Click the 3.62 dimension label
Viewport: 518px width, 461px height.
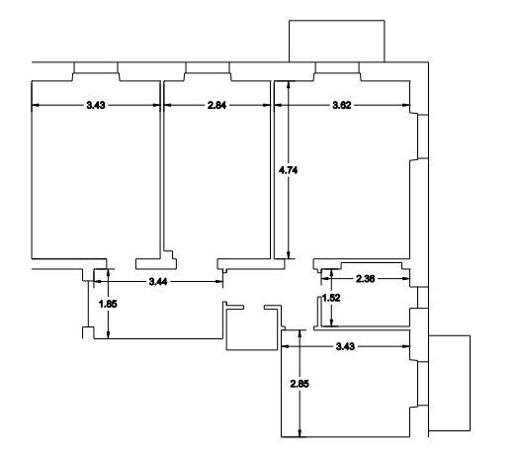pyautogui.click(x=342, y=105)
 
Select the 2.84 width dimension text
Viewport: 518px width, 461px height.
pyautogui.click(x=216, y=105)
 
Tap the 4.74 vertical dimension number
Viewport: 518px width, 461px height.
pyautogui.click(x=288, y=170)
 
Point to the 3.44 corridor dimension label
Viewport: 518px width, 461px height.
pyautogui.click(x=158, y=282)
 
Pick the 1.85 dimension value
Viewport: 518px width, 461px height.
pyautogui.click(x=108, y=304)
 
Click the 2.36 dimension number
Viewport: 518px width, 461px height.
pyautogui.click(x=366, y=279)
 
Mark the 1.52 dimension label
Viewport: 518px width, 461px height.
pyautogui.click(x=331, y=298)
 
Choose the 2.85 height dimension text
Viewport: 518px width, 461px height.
pyautogui.click(x=300, y=384)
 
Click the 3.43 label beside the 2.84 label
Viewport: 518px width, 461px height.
pyautogui.click(x=96, y=105)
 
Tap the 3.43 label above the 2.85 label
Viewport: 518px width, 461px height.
pyautogui.click(x=345, y=346)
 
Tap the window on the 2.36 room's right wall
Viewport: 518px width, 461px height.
pyautogui.click(x=418, y=298)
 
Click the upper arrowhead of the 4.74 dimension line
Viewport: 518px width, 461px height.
pyautogui.click(x=289, y=84)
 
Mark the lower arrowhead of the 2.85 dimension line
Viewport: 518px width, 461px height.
pyautogui.click(x=300, y=433)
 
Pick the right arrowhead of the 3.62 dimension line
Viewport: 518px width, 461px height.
pyautogui.click(x=406, y=105)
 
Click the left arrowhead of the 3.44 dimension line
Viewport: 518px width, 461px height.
pyautogui.click(x=98, y=281)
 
